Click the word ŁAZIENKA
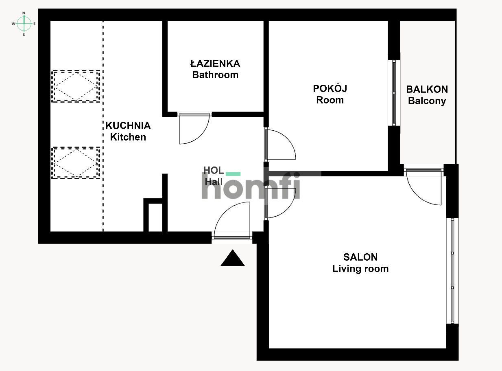pos(215,64)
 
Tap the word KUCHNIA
pos(128,125)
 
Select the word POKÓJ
pos(330,88)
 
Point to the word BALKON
pos(427,89)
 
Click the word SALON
pos(360,257)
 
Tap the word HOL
pos(214,170)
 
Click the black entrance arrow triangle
pos(233,258)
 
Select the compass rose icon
pos(24,24)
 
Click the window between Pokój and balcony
pos(394,93)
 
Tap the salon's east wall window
pos(452,271)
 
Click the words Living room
pos(360,269)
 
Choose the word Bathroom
pos(215,75)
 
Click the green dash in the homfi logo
pos(233,174)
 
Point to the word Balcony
pos(427,101)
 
